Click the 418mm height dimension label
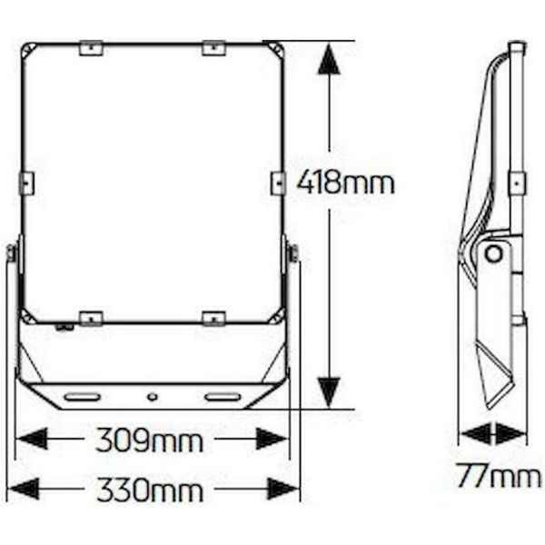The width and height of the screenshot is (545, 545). coord(345,182)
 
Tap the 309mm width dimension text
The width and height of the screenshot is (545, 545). coord(149,440)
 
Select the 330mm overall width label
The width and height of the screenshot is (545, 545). coord(150,490)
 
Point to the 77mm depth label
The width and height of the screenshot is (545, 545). coord(499,475)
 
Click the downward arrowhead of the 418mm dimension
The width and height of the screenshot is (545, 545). coord(329,393)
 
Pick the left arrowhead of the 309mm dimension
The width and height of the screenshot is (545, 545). coord(32,439)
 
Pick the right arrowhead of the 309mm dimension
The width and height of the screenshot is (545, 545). coord(272,439)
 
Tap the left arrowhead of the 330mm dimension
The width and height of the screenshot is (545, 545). coord(24,489)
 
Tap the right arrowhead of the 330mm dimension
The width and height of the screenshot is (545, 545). coord(282,489)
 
